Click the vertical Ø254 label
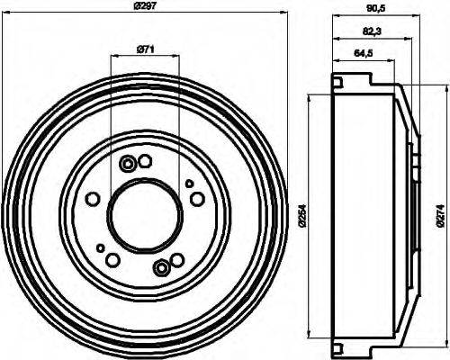303,216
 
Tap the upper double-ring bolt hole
128,163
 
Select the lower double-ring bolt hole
161,266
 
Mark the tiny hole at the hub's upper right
189,184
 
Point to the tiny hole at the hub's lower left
100,247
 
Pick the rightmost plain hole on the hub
197,200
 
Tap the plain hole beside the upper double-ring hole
145,160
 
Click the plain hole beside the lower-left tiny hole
112,260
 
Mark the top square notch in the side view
337,83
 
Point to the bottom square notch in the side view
337,348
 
